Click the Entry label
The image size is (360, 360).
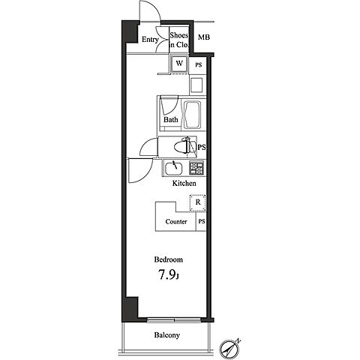point(150,40)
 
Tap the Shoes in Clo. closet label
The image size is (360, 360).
point(178,40)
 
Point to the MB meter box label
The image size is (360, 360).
point(204,37)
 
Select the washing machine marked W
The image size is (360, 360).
point(179,64)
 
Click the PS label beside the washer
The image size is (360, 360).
point(199,65)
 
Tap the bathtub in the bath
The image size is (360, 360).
point(192,115)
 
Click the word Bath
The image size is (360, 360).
point(171,119)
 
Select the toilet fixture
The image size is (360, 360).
point(185,147)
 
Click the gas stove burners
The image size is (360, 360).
point(196,168)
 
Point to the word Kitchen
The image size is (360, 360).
point(184,183)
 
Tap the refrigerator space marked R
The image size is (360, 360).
point(198,202)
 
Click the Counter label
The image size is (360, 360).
point(176,222)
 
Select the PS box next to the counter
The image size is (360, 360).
point(201,221)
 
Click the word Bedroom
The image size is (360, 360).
point(168,259)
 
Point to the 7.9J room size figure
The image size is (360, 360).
point(168,275)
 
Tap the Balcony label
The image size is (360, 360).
point(167,335)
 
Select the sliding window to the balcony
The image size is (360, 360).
point(174,320)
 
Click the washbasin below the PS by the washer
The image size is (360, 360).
point(196,85)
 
